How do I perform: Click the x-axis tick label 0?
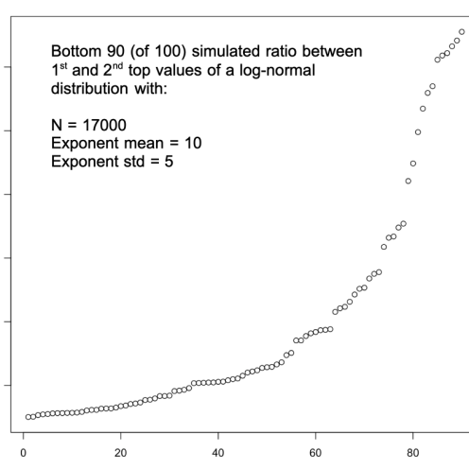[x=23, y=453]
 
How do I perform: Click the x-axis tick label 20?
[x=120, y=453]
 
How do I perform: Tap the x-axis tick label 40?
[x=217, y=453]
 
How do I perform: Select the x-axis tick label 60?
[x=315, y=453]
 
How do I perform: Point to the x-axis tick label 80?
[x=412, y=453]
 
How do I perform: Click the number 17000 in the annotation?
[x=104, y=125]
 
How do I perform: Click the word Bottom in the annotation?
[x=76, y=51]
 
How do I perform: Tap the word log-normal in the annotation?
[x=277, y=70]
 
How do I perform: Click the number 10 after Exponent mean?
[x=193, y=143]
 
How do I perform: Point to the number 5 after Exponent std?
[x=168, y=162]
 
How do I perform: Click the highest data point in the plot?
[x=461, y=32]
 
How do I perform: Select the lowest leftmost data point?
[x=28, y=417]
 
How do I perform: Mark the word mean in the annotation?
[x=144, y=144]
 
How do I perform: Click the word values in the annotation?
[x=180, y=70]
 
